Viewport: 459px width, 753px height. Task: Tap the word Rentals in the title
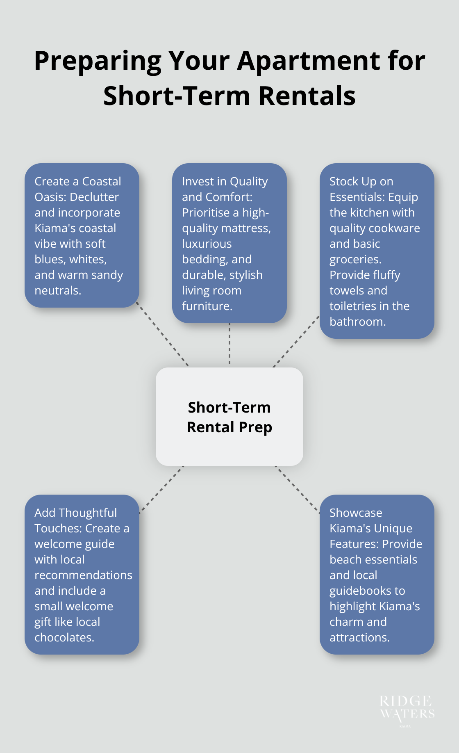coord(307,96)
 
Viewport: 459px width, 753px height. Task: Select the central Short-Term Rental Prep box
coord(229,417)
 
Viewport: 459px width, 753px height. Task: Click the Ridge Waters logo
coord(407,709)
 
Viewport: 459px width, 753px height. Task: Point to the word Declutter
coord(94,197)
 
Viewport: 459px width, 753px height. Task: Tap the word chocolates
coord(64,638)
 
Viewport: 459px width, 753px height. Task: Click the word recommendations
coord(83,575)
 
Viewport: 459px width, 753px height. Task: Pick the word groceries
coord(355,260)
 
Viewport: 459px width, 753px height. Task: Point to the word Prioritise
coord(206,213)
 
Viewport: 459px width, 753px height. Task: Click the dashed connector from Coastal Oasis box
coord(162,334)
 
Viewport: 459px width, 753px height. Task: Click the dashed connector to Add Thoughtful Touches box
coord(161,489)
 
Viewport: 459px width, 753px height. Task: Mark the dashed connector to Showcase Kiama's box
coord(297,489)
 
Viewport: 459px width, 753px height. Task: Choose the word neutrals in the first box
coord(57,291)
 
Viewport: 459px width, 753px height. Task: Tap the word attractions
coord(359,638)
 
